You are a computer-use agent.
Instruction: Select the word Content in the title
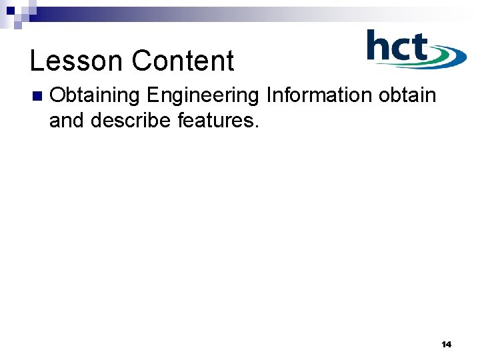183,61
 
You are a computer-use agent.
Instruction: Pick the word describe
135,121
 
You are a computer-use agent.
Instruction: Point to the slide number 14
446,345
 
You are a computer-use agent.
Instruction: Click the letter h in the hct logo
379,48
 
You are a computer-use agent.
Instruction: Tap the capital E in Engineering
153,95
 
